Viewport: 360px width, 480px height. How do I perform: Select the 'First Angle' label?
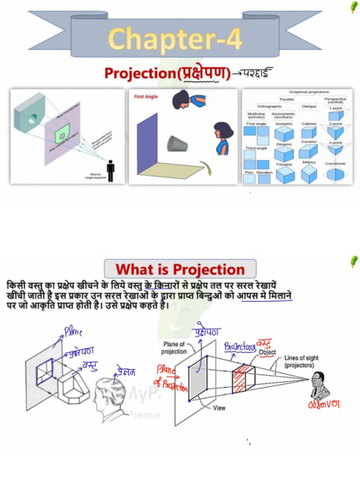pyautogui.click(x=146, y=97)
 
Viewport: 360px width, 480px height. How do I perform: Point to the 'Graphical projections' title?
pyautogui.click(x=309, y=92)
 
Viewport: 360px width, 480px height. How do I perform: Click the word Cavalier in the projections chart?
pyautogui.click(x=309, y=142)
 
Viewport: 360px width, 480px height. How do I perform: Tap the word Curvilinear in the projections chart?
pyautogui.click(x=335, y=163)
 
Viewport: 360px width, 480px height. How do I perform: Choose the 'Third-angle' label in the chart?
pyautogui.click(x=257, y=148)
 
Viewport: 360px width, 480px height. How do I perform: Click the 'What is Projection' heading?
pyautogui.click(x=180, y=270)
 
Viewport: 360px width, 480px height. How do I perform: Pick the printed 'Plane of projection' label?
pyautogui.click(x=174, y=348)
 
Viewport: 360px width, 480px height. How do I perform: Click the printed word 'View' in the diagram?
pyautogui.click(x=219, y=408)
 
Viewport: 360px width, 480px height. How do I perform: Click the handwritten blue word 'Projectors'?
pyautogui.click(x=240, y=346)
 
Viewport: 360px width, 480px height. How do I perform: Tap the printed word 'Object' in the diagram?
pyautogui.click(x=267, y=352)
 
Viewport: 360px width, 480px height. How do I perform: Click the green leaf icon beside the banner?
pyautogui.click(x=354, y=7)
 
